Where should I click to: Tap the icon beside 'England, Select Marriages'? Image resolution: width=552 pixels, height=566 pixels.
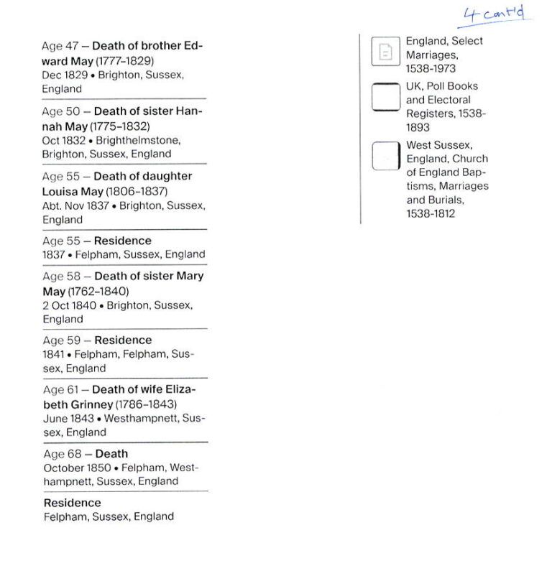point(385,52)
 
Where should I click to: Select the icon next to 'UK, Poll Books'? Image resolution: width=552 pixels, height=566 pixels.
point(385,98)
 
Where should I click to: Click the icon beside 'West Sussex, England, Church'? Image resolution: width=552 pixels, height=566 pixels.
point(385,157)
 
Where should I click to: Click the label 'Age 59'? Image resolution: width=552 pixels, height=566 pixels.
point(61,340)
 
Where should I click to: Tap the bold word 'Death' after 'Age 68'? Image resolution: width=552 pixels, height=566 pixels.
point(111,454)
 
